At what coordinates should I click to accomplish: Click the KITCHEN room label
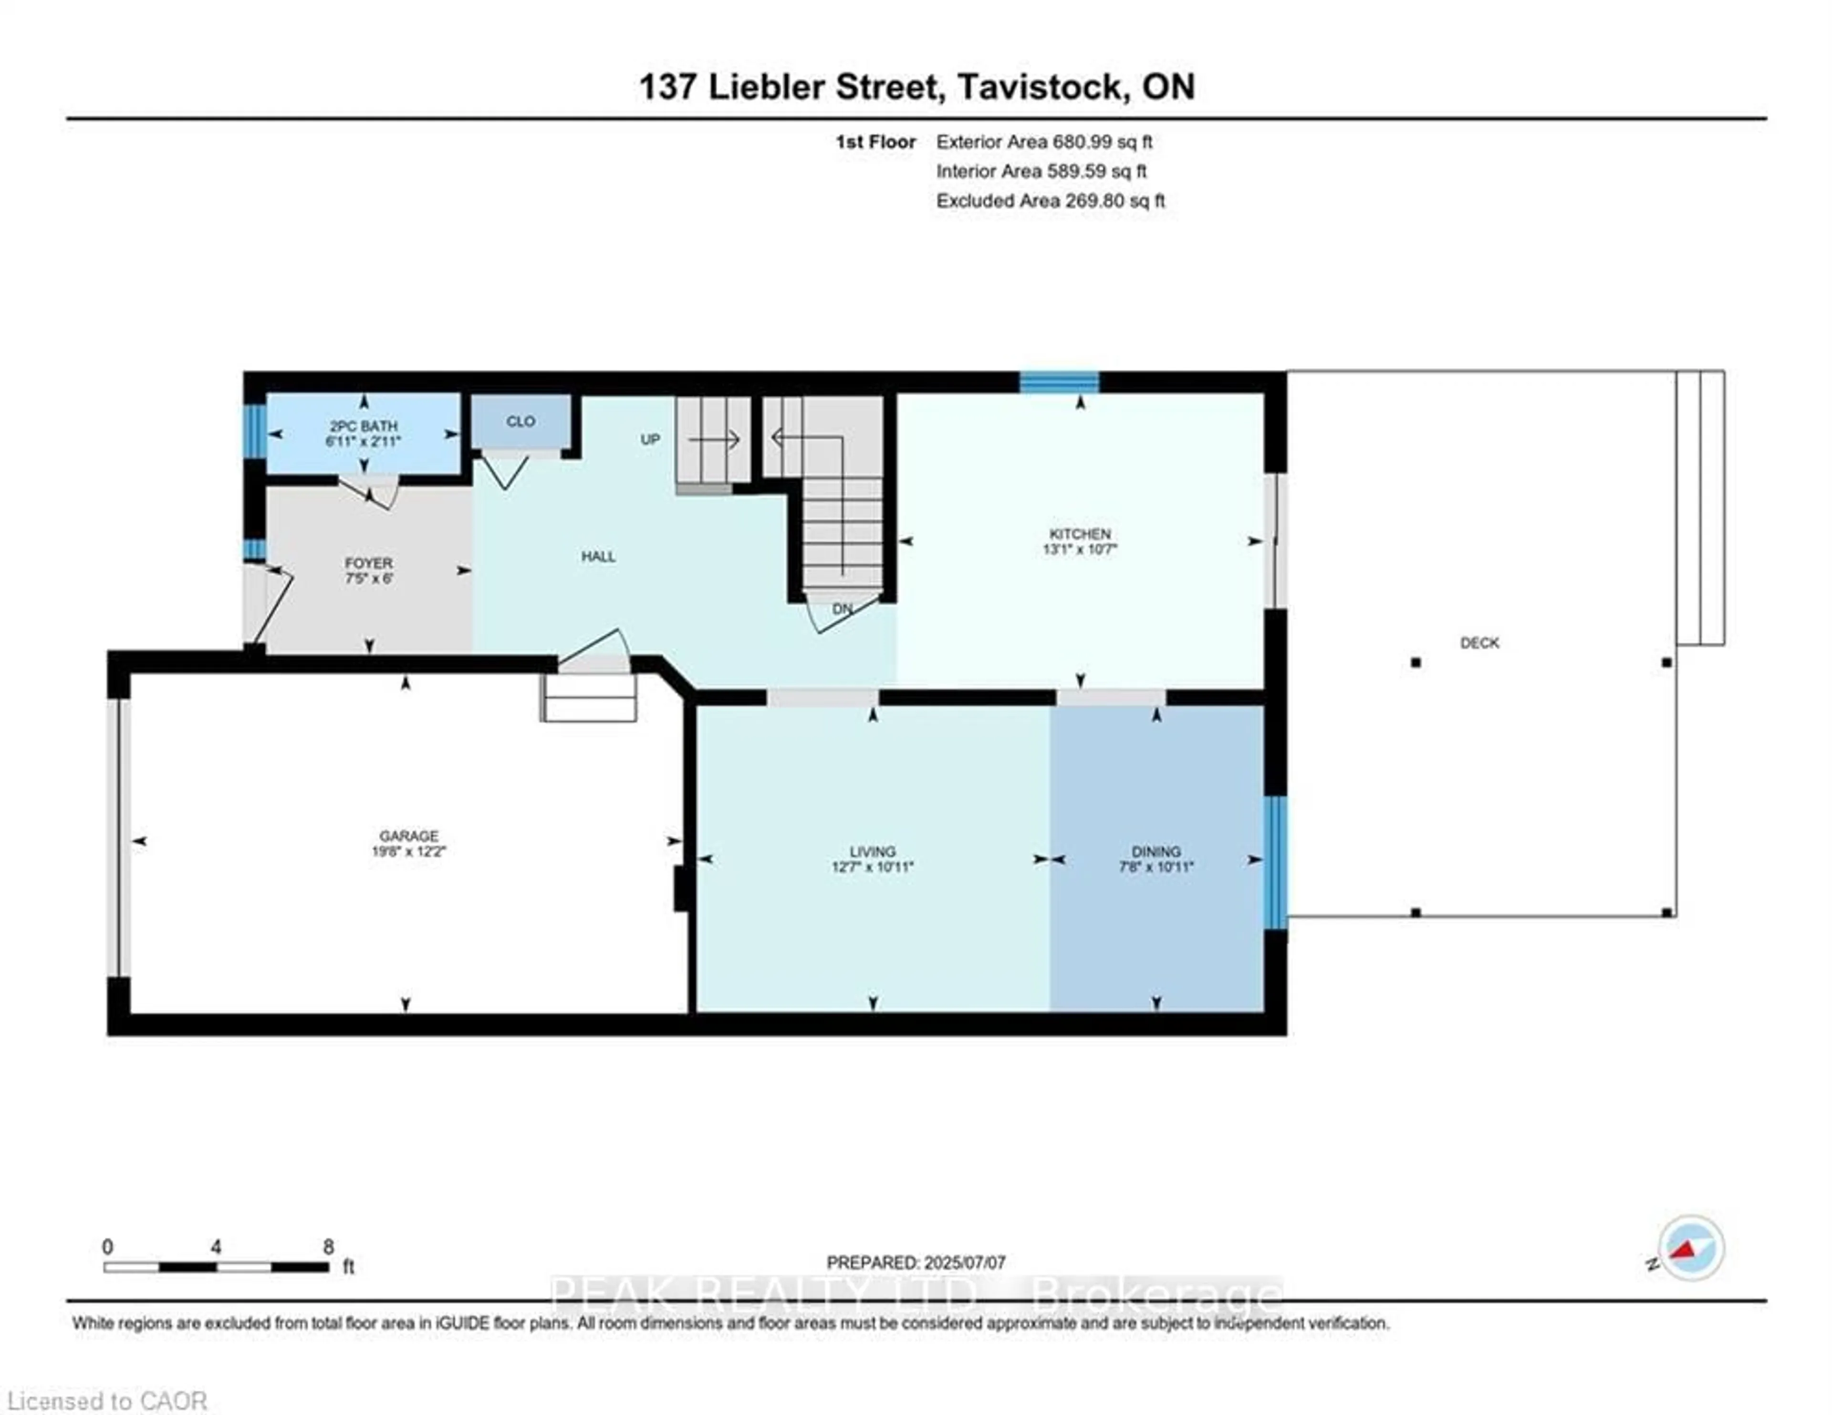[1080, 534]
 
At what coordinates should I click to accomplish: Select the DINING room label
[1156, 851]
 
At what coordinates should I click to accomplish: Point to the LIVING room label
[873, 851]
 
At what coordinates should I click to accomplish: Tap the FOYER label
[368, 563]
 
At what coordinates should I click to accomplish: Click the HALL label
[598, 557]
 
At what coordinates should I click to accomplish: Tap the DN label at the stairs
[842, 609]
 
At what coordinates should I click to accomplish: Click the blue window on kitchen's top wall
[1059, 382]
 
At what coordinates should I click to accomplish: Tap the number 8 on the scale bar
[328, 1247]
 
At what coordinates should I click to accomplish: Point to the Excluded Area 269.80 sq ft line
[1050, 201]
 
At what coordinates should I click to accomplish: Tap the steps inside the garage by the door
[589, 698]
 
